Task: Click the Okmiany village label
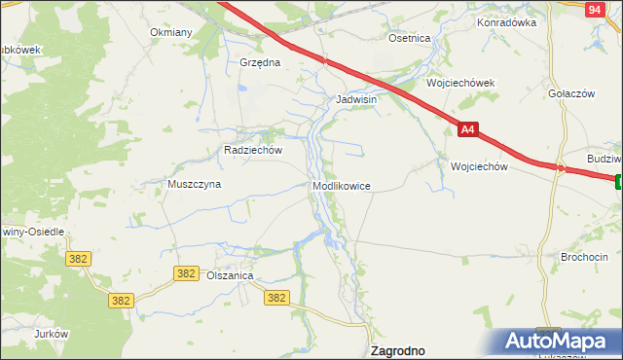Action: pyautogui.click(x=171, y=32)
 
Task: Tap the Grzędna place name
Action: pyautogui.click(x=260, y=62)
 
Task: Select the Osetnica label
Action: pyautogui.click(x=409, y=38)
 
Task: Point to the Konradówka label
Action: pyautogui.click(x=507, y=22)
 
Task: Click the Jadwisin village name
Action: pyautogui.click(x=355, y=99)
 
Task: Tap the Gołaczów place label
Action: pyautogui.click(x=571, y=92)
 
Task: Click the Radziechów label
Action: pyautogui.click(x=252, y=151)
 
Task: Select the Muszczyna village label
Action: pyautogui.click(x=195, y=184)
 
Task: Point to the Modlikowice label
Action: pyautogui.click(x=341, y=186)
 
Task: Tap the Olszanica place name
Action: pyautogui.click(x=230, y=276)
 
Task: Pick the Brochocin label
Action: pyautogui.click(x=584, y=257)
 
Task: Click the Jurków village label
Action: pyautogui.click(x=51, y=334)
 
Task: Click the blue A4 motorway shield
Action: pyautogui.click(x=468, y=128)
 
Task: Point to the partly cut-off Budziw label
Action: pyautogui.click(x=604, y=158)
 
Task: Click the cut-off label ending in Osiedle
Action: pyautogui.click(x=32, y=232)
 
